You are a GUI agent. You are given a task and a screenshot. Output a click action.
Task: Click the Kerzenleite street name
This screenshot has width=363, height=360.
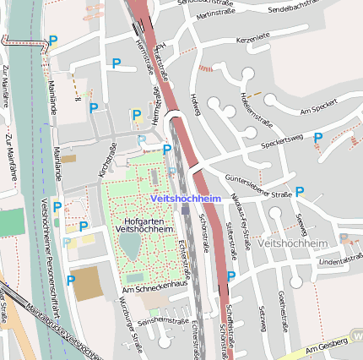pos(253,37)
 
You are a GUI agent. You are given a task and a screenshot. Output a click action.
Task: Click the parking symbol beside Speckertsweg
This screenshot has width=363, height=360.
pos(318,138)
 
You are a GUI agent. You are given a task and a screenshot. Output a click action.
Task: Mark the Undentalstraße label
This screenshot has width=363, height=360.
pos(340,262)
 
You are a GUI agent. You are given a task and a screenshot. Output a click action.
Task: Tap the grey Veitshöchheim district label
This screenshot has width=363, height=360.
pos(290,243)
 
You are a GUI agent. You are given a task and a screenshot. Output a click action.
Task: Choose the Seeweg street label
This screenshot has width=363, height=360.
pos(301,225)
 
